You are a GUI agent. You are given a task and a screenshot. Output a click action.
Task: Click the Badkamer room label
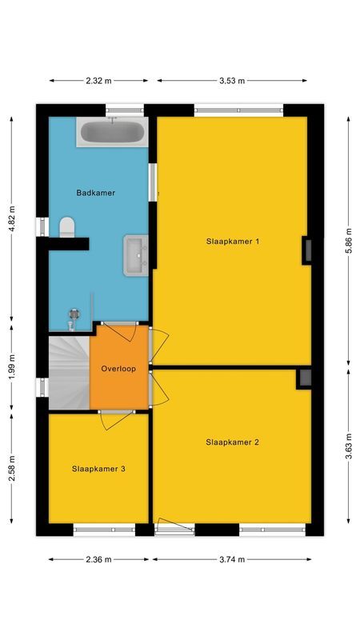[x=96, y=193]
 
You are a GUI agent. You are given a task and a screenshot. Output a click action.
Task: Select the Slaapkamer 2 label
[x=232, y=442]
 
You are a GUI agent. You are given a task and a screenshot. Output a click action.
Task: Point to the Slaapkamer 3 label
[x=98, y=469]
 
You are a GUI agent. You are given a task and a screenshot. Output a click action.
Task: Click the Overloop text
[x=118, y=369]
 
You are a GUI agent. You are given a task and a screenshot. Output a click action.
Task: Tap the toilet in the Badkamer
[x=66, y=227]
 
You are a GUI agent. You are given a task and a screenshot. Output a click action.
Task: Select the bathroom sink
[x=135, y=254]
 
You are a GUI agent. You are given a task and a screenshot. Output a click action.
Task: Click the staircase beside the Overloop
[x=68, y=372]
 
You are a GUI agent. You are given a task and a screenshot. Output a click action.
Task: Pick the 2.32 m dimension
[x=99, y=81]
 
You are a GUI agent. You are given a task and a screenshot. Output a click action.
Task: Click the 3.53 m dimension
[x=233, y=81]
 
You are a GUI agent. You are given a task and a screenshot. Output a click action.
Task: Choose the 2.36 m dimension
[x=99, y=559]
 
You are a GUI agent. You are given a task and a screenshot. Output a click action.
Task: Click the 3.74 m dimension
[x=233, y=559]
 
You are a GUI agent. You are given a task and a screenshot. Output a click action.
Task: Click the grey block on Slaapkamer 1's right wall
[x=306, y=250]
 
